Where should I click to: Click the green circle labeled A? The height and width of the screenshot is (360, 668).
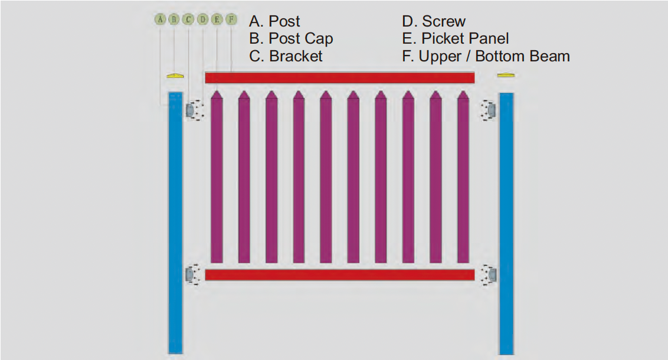(x=159, y=19)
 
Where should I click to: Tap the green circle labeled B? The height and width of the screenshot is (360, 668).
(x=173, y=19)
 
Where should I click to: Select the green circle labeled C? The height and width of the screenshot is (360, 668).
(x=188, y=19)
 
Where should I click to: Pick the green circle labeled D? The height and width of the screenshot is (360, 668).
(x=203, y=19)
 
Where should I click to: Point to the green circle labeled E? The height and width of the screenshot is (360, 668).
(x=217, y=19)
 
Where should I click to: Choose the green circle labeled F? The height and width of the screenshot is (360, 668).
(x=231, y=19)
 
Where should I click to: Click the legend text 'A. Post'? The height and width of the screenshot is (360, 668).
(x=274, y=21)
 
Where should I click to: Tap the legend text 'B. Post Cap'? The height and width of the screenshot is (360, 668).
(x=291, y=39)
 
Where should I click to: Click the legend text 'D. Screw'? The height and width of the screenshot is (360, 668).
(x=434, y=21)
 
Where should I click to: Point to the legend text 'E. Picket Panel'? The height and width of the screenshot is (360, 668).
(x=455, y=39)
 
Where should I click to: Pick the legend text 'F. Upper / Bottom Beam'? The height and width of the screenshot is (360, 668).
(x=486, y=56)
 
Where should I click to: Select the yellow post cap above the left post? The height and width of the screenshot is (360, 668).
(x=175, y=76)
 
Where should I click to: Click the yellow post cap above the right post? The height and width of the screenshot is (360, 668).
(x=506, y=75)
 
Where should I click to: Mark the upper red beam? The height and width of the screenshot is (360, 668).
(x=340, y=77)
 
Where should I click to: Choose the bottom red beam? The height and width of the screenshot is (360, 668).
(x=340, y=274)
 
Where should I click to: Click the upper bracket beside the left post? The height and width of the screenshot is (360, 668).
(x=190, y=110)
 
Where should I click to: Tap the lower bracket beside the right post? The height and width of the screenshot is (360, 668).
(x=491, y=274)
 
